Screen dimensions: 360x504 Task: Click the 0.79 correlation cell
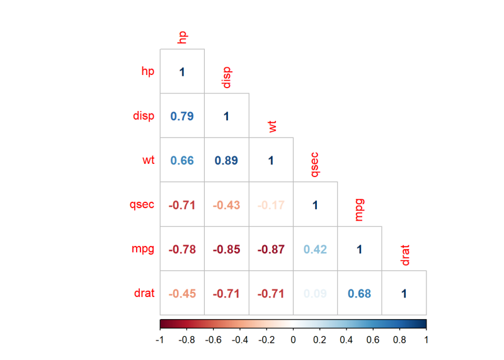[x=182, y=116]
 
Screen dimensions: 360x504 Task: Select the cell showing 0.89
[x=226, y=160]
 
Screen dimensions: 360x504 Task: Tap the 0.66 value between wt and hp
[x=182, y=160]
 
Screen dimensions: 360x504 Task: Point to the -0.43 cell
[x=226, y=205]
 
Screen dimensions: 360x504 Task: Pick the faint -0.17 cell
[x=271, y=205]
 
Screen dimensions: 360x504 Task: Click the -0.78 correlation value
[x=182, y=249]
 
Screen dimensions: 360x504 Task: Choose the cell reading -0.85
[x=226, y=249]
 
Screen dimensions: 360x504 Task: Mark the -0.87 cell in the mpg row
[x=271, y=249]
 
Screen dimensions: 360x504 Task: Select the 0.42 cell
[x=315, y=249]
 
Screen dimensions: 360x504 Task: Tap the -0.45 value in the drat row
[x=182, y=293]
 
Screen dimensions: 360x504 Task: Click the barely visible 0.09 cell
[x=315, y=293]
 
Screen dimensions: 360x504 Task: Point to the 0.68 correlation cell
[x=360, y=293]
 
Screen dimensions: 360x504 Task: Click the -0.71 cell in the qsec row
[x=182, y=205]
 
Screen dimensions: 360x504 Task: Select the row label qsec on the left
[x=142, y=205]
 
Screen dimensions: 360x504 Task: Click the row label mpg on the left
[x=144, y=249]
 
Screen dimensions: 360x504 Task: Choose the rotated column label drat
[x=405, y=256]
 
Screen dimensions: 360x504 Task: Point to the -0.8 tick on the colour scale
[x=187, y=340]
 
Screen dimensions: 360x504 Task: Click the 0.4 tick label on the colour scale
[x=346, y=340]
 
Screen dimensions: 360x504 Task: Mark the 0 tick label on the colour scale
[x=293, y=340]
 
